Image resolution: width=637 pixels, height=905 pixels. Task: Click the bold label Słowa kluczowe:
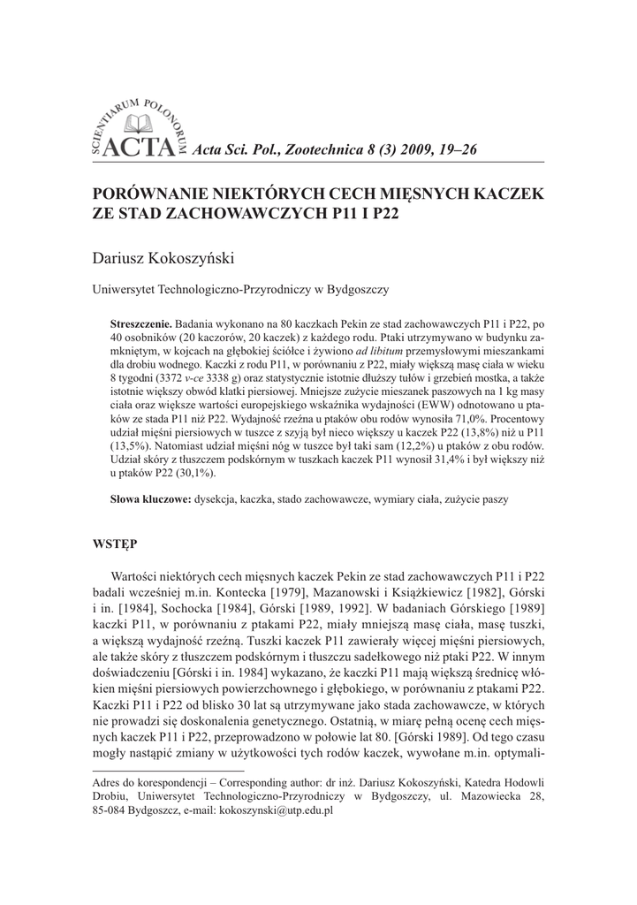[x=150, y=499]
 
